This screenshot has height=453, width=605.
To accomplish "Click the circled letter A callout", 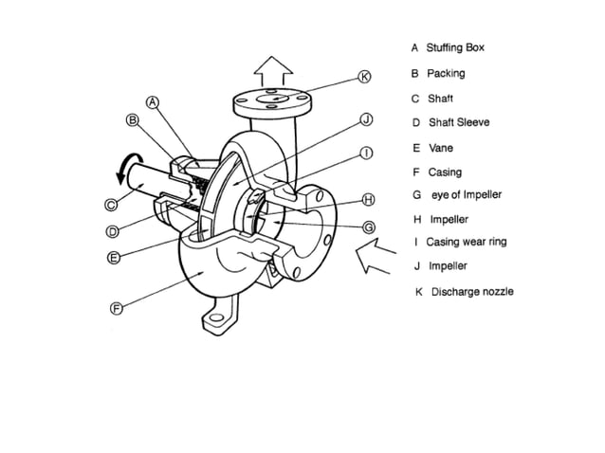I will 153,101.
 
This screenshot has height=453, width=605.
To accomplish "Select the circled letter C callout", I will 111,204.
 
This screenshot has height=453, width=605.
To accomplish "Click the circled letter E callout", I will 114,258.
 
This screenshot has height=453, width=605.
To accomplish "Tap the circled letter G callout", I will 369,226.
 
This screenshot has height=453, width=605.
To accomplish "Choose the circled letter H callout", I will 369,199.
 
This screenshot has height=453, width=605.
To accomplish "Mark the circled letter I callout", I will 366,152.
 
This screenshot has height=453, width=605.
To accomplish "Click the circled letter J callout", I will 366,119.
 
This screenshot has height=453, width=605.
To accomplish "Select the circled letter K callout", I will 365,76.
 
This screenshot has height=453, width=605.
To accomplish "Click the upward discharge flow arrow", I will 271,69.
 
